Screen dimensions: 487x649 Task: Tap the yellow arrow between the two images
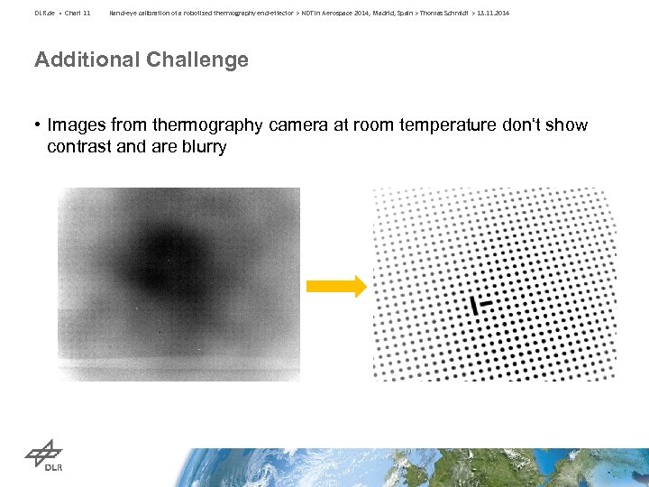pyautogui.click(x=336, y=287)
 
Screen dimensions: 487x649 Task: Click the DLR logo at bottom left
pyautogui.click(x=44, y=456)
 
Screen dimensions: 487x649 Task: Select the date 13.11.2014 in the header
pyautogui.click(x=493, y=13)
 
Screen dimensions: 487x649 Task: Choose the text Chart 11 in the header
pyautogui.click(x=78, y=13)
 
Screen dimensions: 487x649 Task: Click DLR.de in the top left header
pyautogui.click(x=45, y=13)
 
